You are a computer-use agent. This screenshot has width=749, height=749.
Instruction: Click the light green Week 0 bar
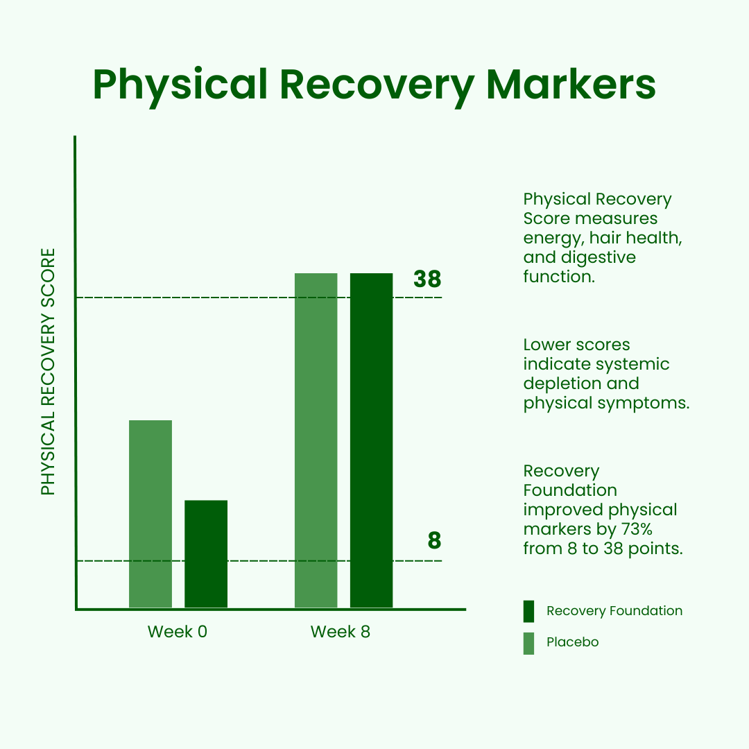click(x=150, y=514)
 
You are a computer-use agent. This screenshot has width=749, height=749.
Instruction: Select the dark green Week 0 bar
click(x=206, y=554)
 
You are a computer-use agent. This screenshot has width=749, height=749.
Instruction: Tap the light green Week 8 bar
click(x=316, y=440)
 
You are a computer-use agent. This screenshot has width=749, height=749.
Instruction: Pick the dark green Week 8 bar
click(x=371, y=440)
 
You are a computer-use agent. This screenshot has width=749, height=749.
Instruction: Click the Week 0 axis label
click(x=178, y=632)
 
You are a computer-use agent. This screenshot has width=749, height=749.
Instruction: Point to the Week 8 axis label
click(x=340, y=632)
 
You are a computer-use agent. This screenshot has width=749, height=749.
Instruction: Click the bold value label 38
click(x=427, y=279)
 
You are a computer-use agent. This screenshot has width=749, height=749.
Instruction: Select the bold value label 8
click(x=434, y=541)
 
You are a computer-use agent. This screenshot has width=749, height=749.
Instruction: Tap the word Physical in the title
click(x=180, y=86)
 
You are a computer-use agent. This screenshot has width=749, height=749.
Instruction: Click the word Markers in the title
click(x=571, y=85)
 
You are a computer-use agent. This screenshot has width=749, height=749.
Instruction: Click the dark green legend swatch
click(x=528, y=612)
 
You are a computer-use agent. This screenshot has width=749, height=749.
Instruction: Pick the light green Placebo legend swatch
click(x=528, y=644)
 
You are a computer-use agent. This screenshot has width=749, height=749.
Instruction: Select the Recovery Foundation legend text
click(x=614, y=611)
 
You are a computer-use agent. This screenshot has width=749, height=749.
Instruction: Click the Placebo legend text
click(x=572, y=642)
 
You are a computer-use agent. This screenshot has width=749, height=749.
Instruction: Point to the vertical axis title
click(x=49, y=372)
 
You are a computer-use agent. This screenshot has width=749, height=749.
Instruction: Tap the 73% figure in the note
click(x=637, y=529)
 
